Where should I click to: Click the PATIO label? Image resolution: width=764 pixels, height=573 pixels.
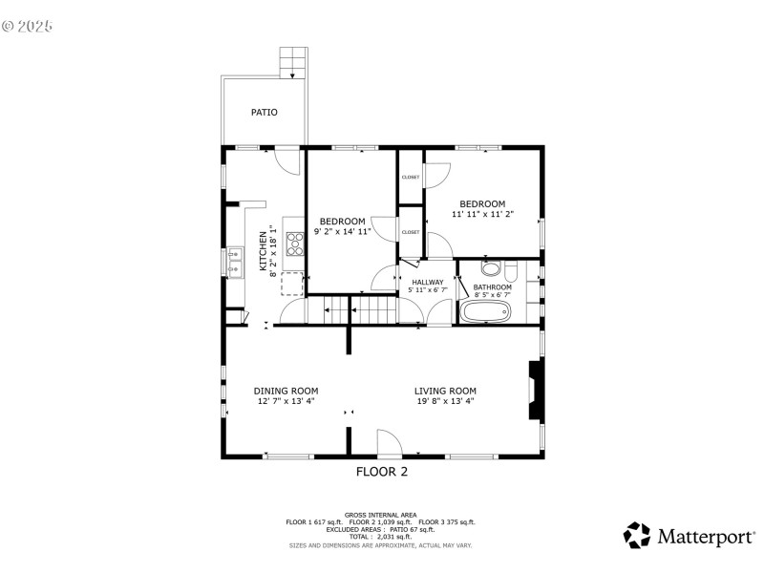tap(265, 113)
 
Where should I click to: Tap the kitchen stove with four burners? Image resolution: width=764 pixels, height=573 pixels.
tap(295, 245)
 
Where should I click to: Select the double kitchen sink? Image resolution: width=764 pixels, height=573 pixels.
tap(234, 261)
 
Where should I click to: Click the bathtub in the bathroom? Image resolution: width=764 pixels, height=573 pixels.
tap(486, 312)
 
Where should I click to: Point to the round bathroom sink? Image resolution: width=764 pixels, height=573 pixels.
tap(491, 268)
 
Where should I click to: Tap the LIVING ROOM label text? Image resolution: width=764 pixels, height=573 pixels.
tap(445, 391)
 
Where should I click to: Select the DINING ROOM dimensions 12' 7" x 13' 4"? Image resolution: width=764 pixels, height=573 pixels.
tap(286, 402)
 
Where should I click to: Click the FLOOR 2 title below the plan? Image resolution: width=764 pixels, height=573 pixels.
tap(382, 471)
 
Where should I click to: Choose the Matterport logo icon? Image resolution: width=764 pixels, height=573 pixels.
tap(637, 535)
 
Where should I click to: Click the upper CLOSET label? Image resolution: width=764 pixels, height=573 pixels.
tap(411, 177)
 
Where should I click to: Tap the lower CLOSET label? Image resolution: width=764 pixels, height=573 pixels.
tap(411, 232)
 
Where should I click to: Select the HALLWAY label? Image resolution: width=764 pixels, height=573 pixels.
tap(428, 282)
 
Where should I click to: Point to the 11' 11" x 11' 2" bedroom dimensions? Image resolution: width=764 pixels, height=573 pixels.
tap(482, 215)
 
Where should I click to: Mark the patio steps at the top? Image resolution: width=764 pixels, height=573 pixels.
tap(294, 64)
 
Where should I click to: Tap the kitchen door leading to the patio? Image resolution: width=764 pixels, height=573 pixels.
tap(285, 159)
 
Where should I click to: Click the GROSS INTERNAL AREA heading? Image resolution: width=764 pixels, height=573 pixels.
tap(381, 514)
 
